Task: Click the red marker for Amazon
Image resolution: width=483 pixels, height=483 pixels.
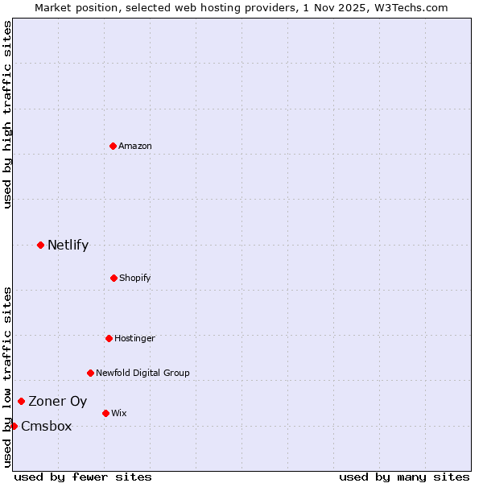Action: coord(114,146)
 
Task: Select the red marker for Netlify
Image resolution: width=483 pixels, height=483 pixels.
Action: coord(40,245)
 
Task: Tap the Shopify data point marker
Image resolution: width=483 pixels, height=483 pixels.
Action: coord(114,278)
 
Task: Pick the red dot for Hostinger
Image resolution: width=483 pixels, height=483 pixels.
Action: coord(109,338)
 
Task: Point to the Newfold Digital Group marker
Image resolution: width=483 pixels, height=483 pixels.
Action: coord(90,373)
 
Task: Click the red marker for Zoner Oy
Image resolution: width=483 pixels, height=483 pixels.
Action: coord(21,401)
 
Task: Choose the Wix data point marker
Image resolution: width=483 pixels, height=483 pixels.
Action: coord(105,413)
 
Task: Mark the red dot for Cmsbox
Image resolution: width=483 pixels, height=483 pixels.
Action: coord(14,426)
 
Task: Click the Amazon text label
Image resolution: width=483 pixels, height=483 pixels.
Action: coord(135,146)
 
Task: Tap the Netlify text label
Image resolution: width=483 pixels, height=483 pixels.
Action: coord(68,246)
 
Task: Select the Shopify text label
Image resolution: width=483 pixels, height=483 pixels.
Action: coord(135,278)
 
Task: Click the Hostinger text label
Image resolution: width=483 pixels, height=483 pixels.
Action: coord(134,338)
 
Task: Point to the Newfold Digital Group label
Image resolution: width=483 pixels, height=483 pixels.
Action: coord(142,373)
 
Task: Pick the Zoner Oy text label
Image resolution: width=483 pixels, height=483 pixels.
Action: coord(58,402)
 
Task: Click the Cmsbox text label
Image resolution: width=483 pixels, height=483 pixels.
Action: coord(47,427)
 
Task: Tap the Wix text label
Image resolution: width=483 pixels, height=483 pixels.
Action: coord(119,413)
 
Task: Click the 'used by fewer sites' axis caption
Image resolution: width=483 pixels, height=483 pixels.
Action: coord(83,477)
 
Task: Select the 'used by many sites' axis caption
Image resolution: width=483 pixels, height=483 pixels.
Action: coord(404,477)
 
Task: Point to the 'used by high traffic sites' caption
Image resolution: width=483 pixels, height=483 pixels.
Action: coord(7,115)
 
